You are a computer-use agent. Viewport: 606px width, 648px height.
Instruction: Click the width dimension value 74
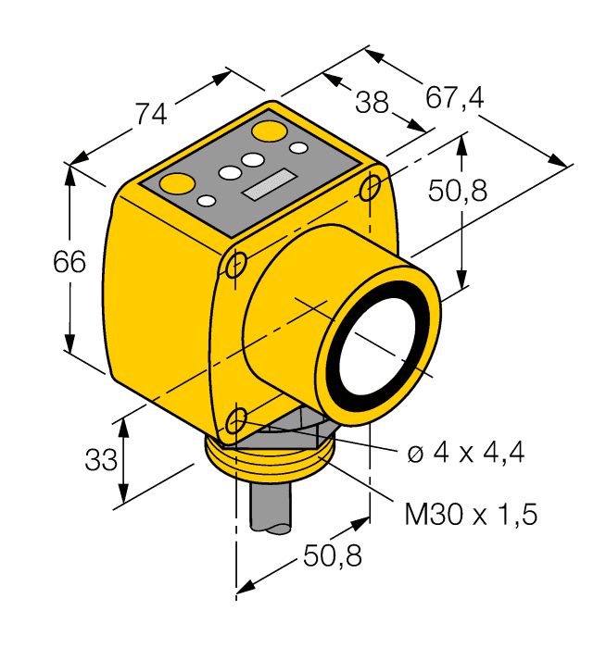click(151, 113)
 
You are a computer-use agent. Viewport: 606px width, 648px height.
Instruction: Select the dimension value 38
click(372, 102)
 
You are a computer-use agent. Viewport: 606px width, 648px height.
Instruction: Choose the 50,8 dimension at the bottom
click(332, 556)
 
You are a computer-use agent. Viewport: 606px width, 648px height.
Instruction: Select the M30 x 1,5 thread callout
click(471, 514)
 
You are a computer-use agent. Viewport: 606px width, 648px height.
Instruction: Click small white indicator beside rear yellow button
click(298, 147)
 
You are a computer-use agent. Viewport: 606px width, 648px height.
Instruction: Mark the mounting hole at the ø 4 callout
click(238, 417)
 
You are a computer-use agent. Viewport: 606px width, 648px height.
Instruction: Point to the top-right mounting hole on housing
click(370, 188)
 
